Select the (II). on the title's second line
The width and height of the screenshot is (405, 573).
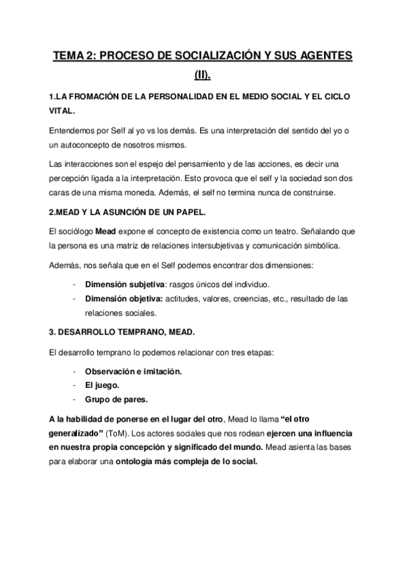202,76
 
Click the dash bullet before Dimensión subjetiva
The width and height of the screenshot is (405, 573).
73,284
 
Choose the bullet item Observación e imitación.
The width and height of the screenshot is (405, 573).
133,371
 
